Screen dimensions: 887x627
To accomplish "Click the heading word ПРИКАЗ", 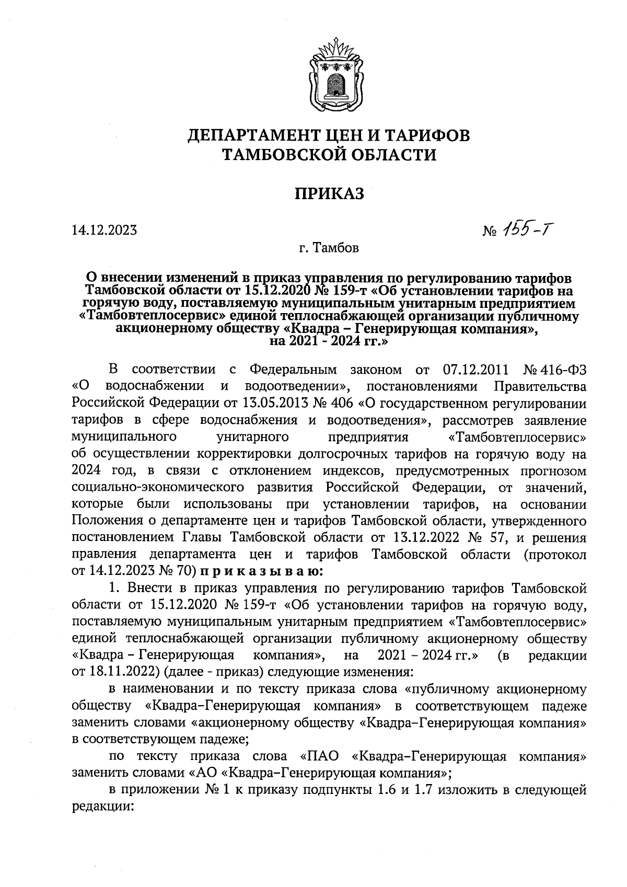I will click(x=329, y=194).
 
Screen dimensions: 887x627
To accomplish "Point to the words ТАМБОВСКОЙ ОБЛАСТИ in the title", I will click(x=329, y=155).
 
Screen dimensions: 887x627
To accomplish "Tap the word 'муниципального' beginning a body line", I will click(x=123, y=437).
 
